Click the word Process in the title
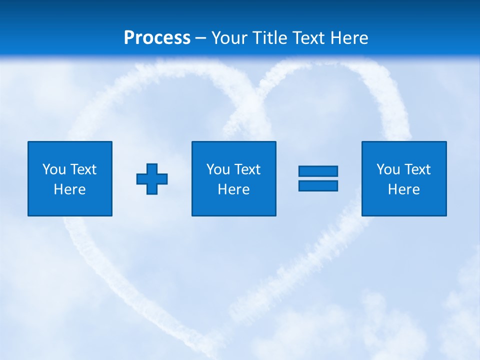click(157, 38)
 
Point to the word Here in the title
click(349, 38)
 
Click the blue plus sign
click(152, 179)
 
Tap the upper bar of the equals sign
click(318, 171)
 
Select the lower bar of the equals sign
click(318, 186)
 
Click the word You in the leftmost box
click(54, 169)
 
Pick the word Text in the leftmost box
click(82, 169)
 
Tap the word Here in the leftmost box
click(69, 189)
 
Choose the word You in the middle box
click(218, 169)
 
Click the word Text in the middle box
click(246, 169)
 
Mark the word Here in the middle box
click(233, 189)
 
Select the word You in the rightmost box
click(388, 169)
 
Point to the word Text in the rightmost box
click(416, 169)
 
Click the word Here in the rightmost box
click(403, 189)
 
